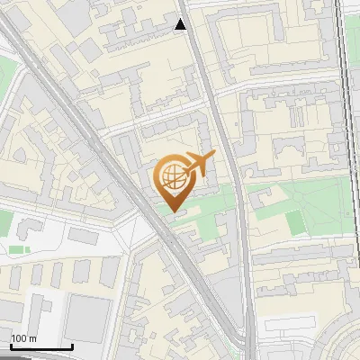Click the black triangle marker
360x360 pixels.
pos(181,24)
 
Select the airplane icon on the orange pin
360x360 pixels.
pos(201,165)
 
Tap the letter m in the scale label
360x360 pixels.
pos(33,338)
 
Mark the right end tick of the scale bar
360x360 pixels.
pos(73,346)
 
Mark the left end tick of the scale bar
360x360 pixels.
pos(9,346)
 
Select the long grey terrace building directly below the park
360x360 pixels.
pos(297,256)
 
